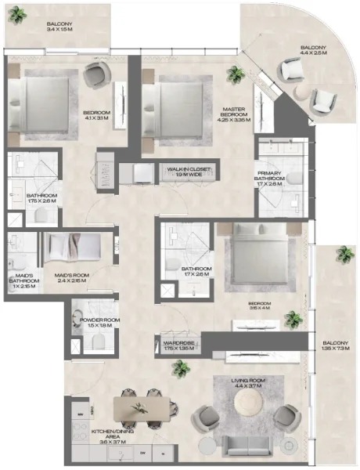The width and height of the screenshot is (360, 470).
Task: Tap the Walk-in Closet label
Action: tap(185, 172)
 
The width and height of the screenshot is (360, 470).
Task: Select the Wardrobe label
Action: tap(178, 345)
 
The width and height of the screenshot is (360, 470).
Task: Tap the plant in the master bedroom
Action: tap(234, 75)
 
